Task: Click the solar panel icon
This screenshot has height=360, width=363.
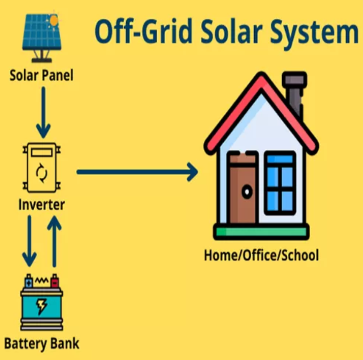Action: (x=42, y=37)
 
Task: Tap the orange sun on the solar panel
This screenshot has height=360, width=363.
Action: (x=54, y=20)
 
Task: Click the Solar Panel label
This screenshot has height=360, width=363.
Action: (x=41, y=76)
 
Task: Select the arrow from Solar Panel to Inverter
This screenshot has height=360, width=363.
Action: (x=43, y=112)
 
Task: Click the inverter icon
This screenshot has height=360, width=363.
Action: (x=42, y=168)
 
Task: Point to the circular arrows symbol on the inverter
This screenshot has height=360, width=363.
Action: (x=42, y=173)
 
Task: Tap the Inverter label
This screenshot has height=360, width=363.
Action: (x=42, y=204)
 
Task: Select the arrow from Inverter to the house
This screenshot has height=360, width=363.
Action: (x=137, y=172)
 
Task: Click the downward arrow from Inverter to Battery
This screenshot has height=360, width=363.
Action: (x=29, y=241)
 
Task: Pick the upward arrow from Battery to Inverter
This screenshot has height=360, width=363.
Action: (x=54, y=241)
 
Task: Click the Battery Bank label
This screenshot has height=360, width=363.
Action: (x=42, y=344)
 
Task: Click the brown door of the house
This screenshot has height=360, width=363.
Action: (x=243, y=188)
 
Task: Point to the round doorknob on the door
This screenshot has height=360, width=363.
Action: (x=247, y=191)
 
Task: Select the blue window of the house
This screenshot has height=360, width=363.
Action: (x=280, y=183)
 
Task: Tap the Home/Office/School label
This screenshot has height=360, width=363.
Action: (x=261, y=255)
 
